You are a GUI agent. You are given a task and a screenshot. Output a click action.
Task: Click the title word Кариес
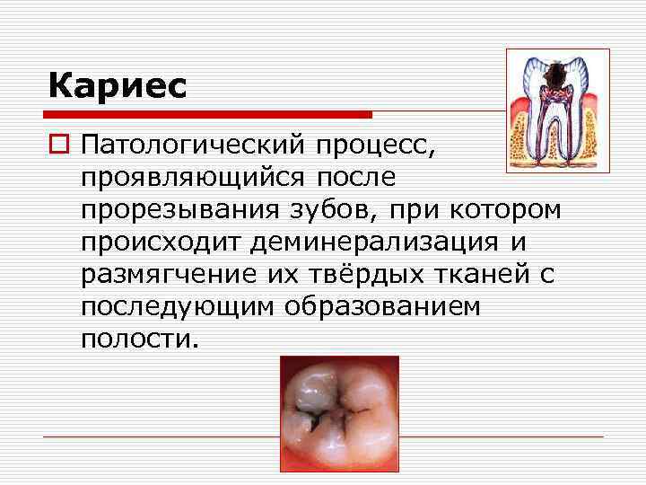[x=118, y=86]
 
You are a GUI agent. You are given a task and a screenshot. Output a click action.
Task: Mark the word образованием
[x=383, y=307]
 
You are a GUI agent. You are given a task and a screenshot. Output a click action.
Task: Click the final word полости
[x=135, y=339]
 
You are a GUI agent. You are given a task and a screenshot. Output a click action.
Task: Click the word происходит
[x=162, y=242]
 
